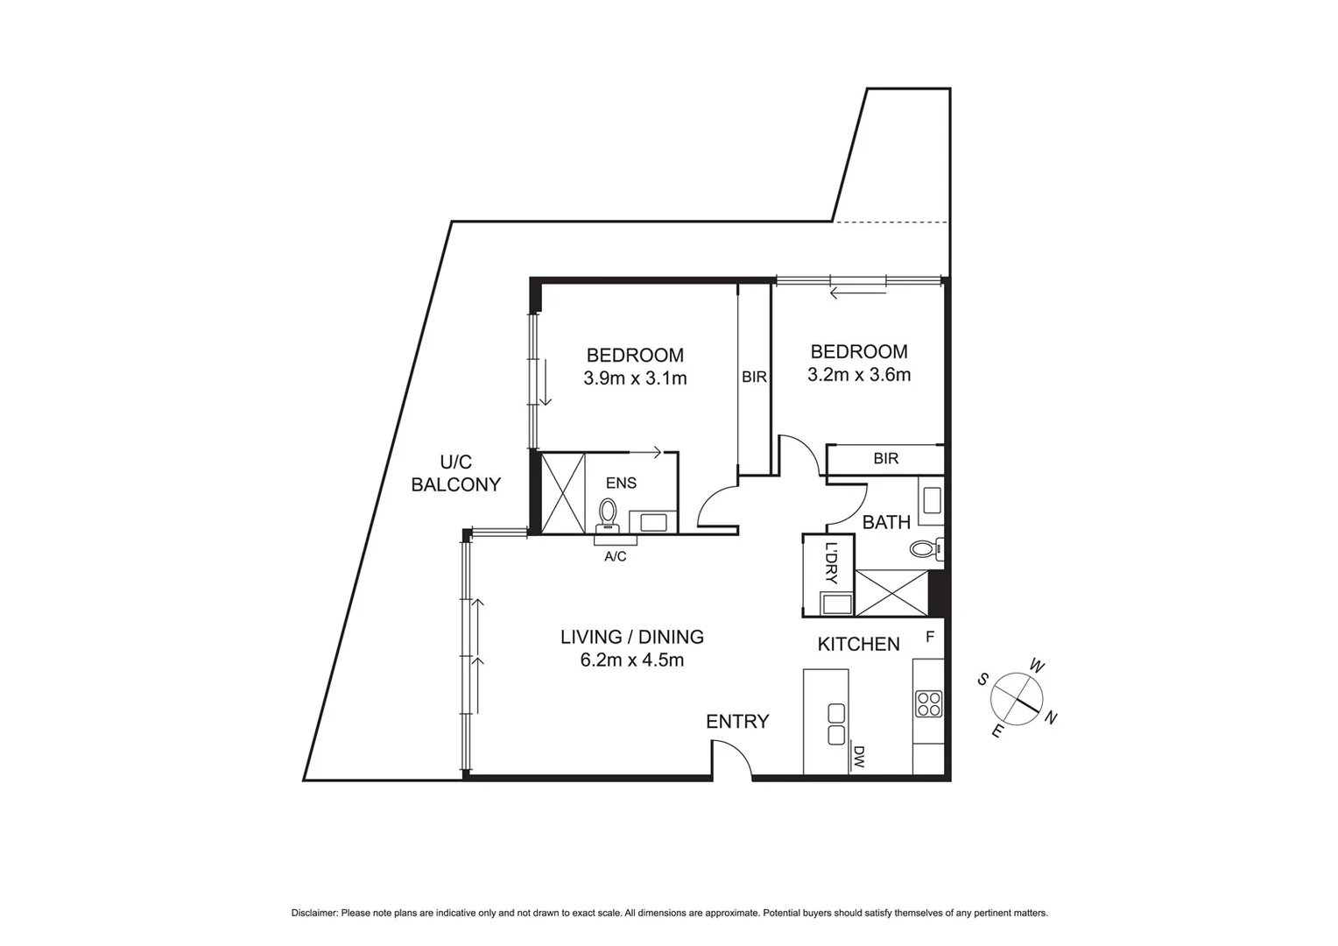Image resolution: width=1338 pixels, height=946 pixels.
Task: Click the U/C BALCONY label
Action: tap(456, 473)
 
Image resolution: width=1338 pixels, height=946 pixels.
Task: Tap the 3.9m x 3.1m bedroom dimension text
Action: tap(635, 378)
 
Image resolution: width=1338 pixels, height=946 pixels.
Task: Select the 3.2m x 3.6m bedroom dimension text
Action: tap(859, 375)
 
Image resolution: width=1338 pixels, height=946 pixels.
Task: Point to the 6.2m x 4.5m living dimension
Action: tap(631, 660)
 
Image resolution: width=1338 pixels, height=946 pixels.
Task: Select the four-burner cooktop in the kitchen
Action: tap(928, 703)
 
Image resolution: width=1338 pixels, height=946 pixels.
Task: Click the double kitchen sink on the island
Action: tap(835, 724)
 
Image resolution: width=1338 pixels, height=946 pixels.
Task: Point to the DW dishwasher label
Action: tap(859, 757)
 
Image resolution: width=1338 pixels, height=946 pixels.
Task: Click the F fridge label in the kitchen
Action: tap(930, 637)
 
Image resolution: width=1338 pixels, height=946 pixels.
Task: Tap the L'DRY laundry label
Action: tap(831, 564)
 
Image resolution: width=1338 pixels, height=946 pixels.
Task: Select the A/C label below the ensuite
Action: tap(616, 556)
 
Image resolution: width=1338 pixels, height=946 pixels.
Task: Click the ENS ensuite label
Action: tap(621, 484)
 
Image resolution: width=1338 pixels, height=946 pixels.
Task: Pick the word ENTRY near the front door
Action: tap(737, 722)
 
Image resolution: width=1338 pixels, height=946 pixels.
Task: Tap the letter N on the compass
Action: tap(1052, 718)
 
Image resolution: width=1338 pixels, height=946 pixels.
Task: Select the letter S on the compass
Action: tap(983, 679)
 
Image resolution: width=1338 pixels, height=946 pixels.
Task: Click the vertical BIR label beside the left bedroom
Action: tap(754, 378)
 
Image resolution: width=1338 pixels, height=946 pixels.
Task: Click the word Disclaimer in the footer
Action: tap(313, 913)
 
